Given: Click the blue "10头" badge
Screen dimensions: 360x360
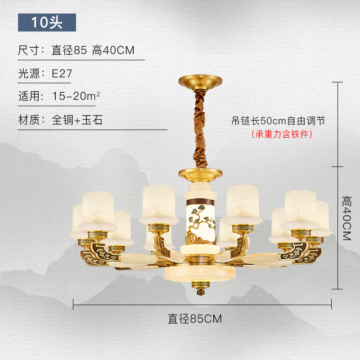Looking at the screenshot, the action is (47, 22).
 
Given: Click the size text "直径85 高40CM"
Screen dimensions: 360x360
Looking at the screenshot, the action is (93, 50).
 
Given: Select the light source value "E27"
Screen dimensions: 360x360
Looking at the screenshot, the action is (62, 74).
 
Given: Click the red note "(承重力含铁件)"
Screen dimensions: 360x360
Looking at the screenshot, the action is (282, 134).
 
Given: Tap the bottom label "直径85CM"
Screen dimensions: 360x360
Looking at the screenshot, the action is (195, 319).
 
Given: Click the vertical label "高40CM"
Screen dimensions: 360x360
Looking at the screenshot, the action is (347, 218).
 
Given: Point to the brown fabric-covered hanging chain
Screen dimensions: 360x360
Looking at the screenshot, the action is (199, 128).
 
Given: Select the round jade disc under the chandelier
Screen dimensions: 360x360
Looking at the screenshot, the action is (200, 273).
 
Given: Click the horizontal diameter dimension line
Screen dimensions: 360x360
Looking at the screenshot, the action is (135, 305).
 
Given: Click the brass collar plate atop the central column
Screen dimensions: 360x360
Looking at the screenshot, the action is (200, 173).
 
